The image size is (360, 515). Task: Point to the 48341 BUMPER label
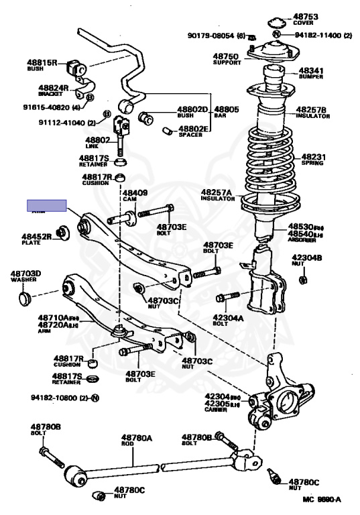[312, 72]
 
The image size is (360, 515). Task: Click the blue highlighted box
[46, 205]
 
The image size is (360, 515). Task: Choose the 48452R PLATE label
[36, 239]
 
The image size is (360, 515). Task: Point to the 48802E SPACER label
[195, 131]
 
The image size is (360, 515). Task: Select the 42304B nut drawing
[302, 279]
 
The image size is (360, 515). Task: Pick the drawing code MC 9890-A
[321, 500]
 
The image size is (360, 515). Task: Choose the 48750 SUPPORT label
[226, 60]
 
